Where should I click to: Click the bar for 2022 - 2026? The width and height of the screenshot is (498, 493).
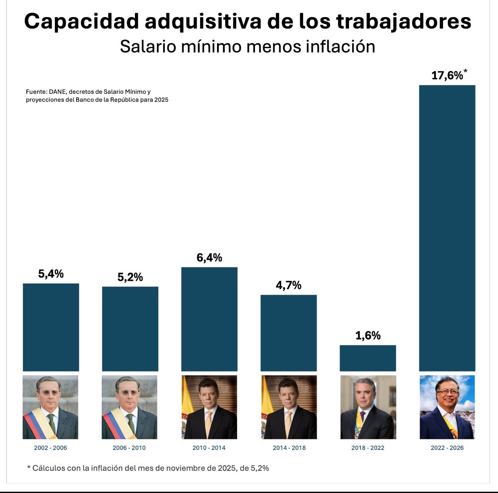click(447, 228)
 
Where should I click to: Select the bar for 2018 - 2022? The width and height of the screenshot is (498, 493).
click(368, 358)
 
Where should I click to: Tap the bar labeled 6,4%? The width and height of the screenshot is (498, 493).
click(209, 319)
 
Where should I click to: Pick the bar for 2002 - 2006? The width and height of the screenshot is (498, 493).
click(51, 327)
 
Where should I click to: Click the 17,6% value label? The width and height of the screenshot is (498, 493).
click(446, 75)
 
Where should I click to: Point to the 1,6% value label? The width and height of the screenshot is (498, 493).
click(368, 336)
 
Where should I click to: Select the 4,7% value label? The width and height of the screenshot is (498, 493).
click(289, 285)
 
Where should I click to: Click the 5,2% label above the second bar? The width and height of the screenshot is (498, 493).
click(130, 278)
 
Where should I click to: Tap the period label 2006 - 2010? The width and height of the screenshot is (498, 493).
click(129, 448)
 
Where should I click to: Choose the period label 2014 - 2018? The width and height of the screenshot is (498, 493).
click(289, 448)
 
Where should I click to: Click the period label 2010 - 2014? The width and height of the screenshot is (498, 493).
click(209, 448)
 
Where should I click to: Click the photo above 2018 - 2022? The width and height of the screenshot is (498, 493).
click(368, 407)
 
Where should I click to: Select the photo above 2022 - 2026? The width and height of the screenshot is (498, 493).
click(447, 407)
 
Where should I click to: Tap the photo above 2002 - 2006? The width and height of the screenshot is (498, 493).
click(51, 407)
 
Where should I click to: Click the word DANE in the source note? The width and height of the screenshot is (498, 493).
click(57, 92)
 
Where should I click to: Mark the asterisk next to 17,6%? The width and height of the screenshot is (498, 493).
click(465, 71)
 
